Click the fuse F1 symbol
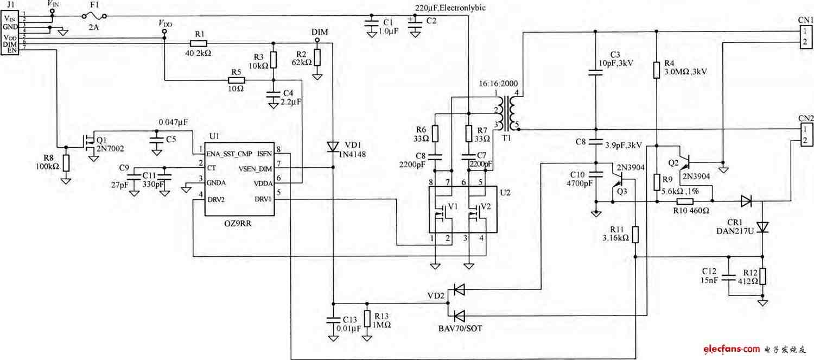(94, 16)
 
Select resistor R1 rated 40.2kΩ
(199, 43)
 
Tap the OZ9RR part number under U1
(238, 223)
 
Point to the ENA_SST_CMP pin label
(229, 154)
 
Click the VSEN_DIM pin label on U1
(255, 169)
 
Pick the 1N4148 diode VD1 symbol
(333, 147)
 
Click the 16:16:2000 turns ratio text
(498, 83)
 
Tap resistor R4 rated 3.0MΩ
(656, 70)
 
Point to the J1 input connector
(10, 33)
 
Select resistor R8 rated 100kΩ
(66, 163)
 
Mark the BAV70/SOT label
(460, 329)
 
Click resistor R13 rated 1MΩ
(367, 319)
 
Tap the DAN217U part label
(735, 231)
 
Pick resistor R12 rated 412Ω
(762, 276)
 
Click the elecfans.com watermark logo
(731, 349)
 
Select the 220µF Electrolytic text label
(450, 8)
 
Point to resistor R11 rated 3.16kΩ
(635, 235)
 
